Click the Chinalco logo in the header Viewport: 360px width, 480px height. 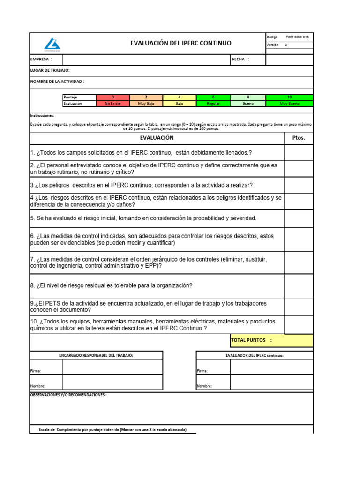tap(52, 44)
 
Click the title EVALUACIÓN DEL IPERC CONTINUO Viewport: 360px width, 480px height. tap(180, 43)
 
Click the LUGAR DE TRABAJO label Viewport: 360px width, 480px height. tap(50, 70)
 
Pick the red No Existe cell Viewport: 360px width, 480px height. tap(112, 104)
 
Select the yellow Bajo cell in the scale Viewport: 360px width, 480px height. tap(179, 104)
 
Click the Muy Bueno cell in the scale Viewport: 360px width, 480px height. tap(289, 104)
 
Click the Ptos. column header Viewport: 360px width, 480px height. tap(299, 138)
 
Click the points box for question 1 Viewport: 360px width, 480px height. tap(299, 153)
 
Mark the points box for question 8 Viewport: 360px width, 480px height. tap(299, 285)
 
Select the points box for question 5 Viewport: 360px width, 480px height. tap(299, 218)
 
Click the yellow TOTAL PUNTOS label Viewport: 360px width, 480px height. tap(251, 340)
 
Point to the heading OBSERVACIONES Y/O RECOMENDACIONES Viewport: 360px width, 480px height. tap(68, 395)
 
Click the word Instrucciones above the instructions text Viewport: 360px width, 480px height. tap(42, 115)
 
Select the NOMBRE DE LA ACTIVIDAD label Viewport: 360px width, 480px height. tap(57, 82)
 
